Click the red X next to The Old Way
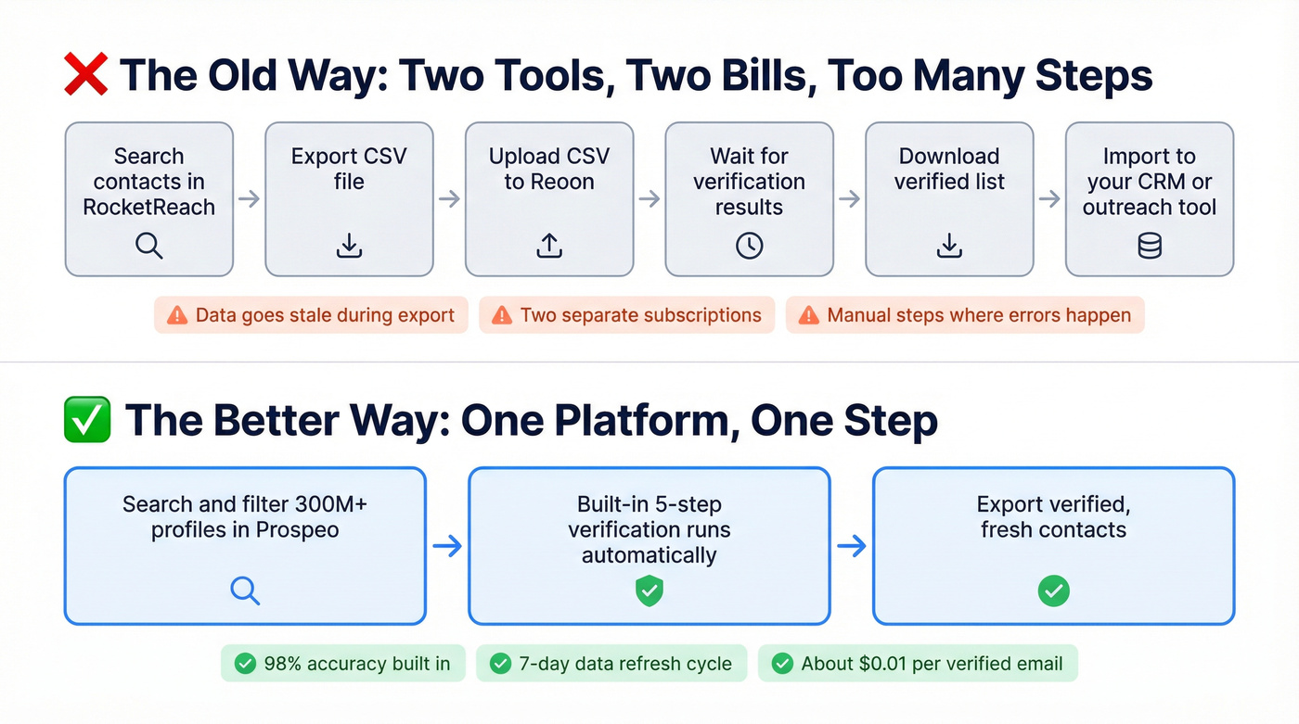tap(85, 75)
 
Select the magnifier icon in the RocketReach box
tap(148, 246)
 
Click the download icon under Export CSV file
tap(349, 246)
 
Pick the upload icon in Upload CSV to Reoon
tap(549, 246)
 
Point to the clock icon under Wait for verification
tap(749, 246)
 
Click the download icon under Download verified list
tap(949, 246)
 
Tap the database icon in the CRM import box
tap(1150, 246)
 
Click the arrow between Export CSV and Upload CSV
tap(449, 198)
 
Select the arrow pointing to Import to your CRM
tap(1049, 198)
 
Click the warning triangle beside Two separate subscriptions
tap(502, 315)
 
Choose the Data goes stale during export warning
tap(311, 315)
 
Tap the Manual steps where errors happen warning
tap(965, 315)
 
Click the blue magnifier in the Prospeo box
tap(245, 591)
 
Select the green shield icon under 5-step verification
tap(649, 591)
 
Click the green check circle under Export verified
tap(1053, 591)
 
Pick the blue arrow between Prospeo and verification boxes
tap(447, 546)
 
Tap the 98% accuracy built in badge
tap(342, 664)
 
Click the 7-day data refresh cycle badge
tap(611, 664)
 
